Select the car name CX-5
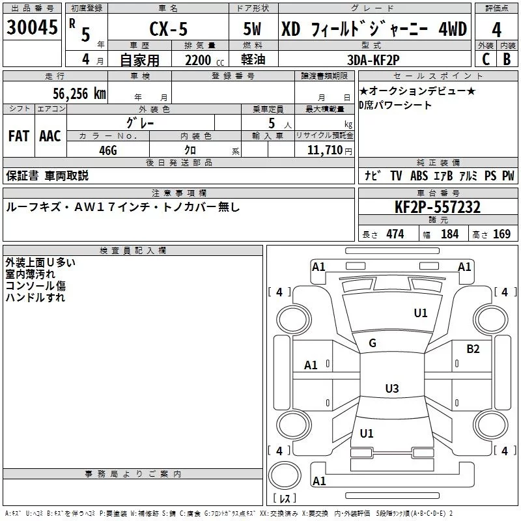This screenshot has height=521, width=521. (x=167, y=29)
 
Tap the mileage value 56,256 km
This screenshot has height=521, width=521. (x=73, y=93)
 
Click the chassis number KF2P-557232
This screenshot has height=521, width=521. (x=438, y=207)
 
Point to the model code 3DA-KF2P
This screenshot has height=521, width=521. (x=374, y=59)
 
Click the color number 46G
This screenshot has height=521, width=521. (x=108, y=150)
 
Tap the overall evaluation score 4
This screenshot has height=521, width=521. (x=496, y=29)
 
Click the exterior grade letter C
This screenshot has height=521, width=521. (x=485, y=59)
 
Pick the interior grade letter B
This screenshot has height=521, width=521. (x=507, y=59)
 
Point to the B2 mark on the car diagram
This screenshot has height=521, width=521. (x=473, y=348)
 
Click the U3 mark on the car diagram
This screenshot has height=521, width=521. (x=391, y=389)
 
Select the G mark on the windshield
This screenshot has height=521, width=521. (x=372, y=343)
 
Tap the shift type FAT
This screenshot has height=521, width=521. (x=18, y=136)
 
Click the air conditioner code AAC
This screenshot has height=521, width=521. (x=49, y=136)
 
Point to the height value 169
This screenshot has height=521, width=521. (x=501, y=234)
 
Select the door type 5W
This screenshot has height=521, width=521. (x=253, y=29)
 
